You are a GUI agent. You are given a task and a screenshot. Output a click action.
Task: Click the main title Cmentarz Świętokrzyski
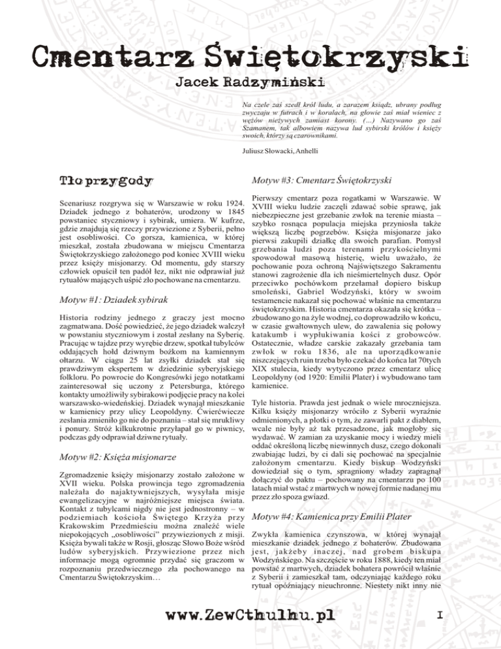(250, 53)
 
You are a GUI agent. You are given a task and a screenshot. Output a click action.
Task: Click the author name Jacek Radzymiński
(250, 84)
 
